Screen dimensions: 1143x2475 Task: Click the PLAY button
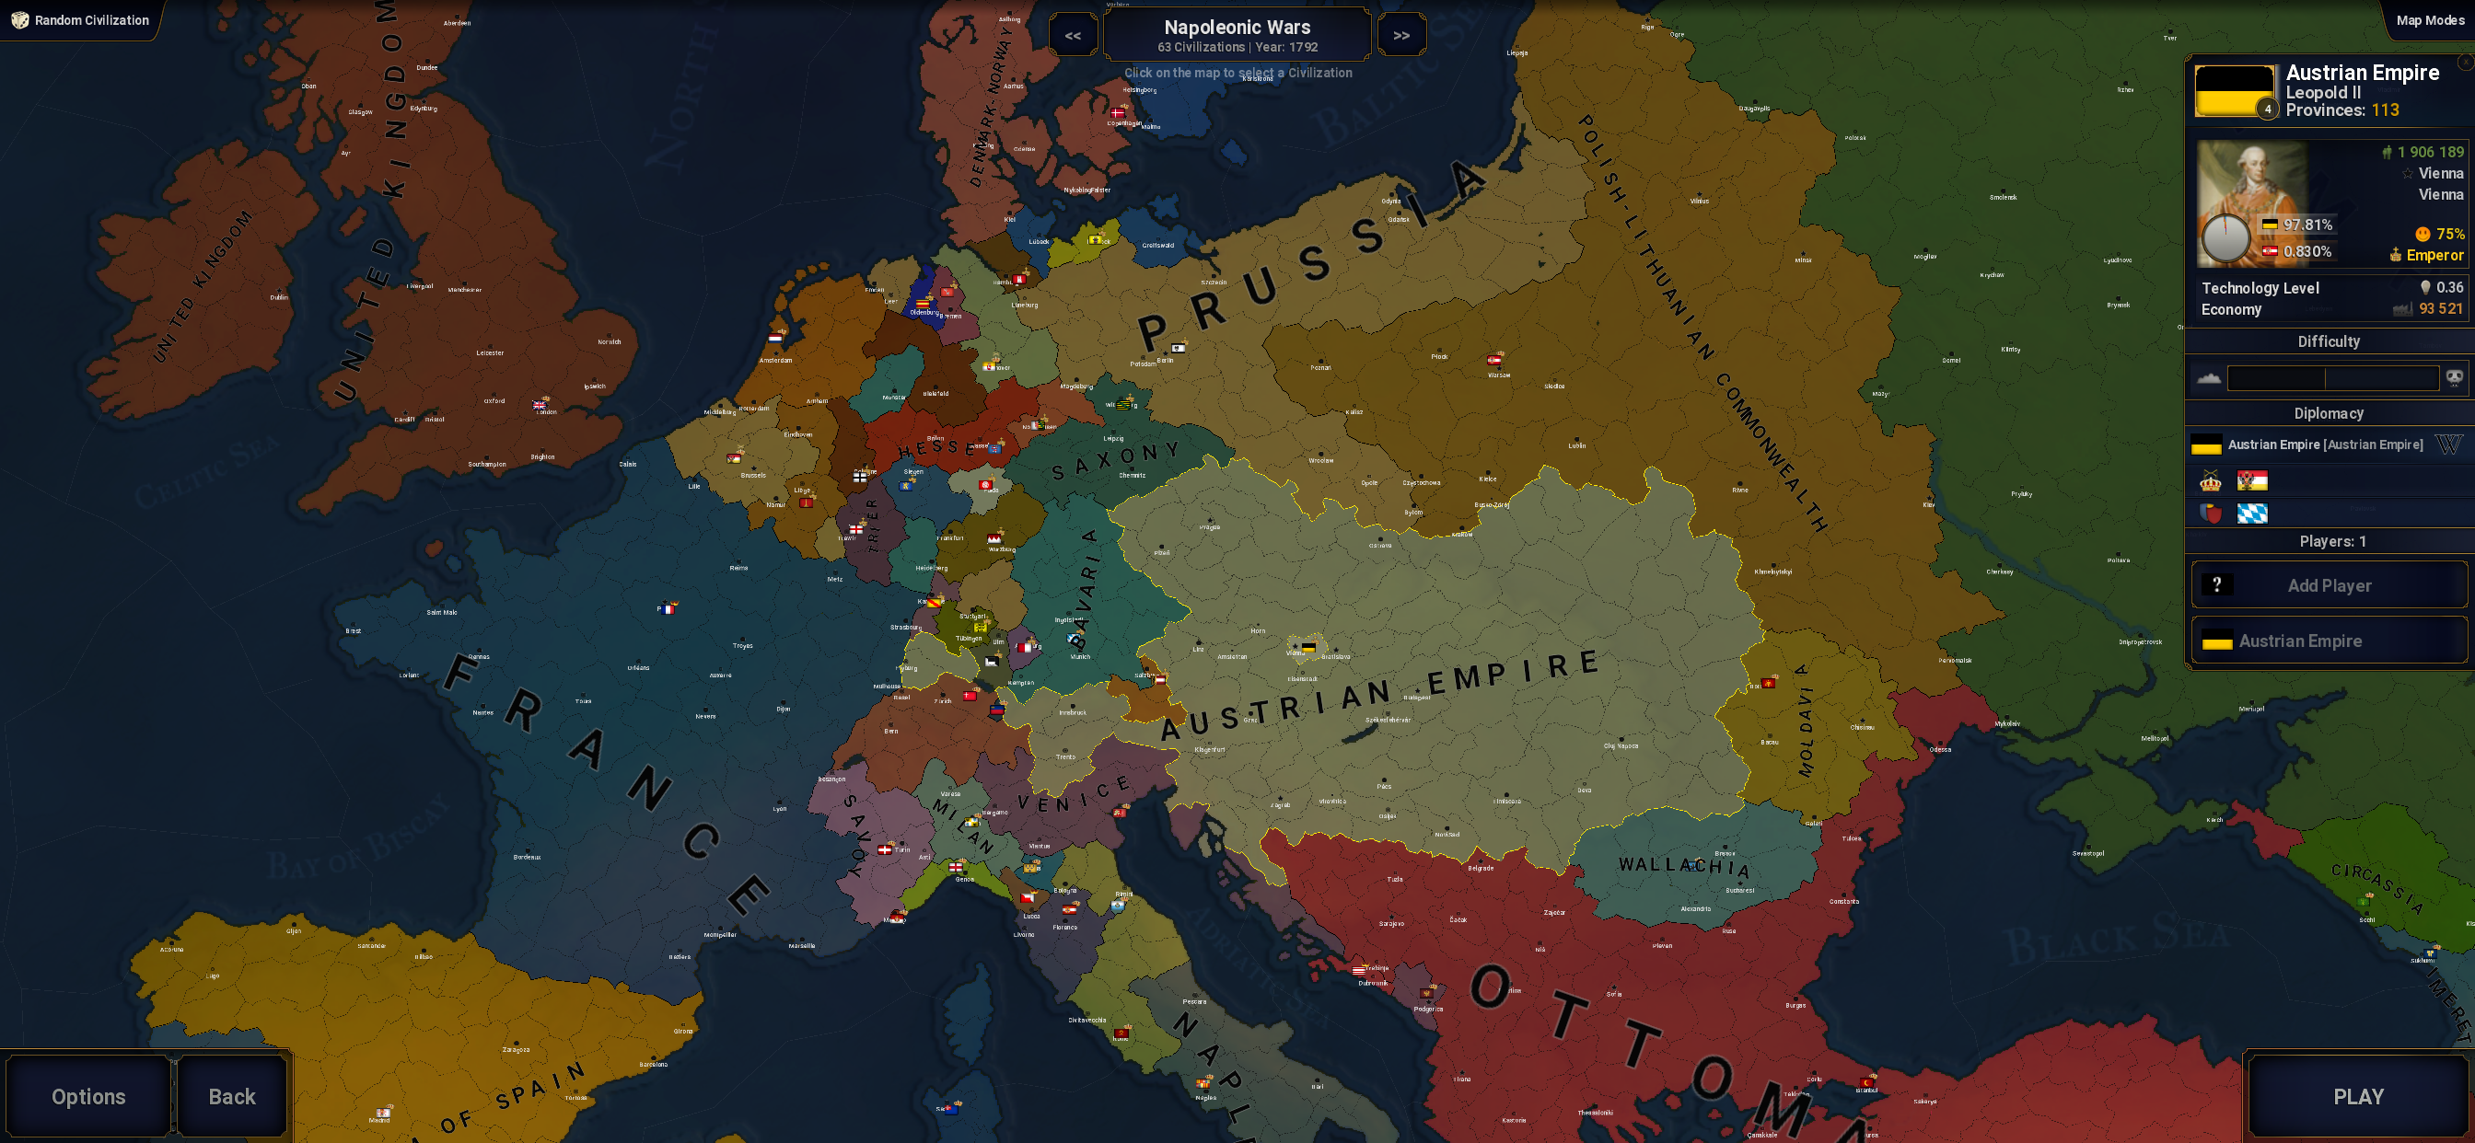(2358, 1096)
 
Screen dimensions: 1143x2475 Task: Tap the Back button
(231, 1096)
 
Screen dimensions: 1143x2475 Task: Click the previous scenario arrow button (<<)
(1073, 36)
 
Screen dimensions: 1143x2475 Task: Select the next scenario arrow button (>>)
(1400, 36)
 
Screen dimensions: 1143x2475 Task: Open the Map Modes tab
(2429, 20)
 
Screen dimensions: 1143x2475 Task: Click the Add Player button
(2328, 585)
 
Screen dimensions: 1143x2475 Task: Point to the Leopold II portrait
(2250, 202)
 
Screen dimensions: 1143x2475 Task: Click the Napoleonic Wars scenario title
(1237, 28)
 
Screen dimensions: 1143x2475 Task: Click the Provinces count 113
(2385, 110)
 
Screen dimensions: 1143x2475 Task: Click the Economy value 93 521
(2440, 308)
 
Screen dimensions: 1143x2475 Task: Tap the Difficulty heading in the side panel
(2328, 341)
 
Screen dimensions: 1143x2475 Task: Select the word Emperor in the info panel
(2434, 255)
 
